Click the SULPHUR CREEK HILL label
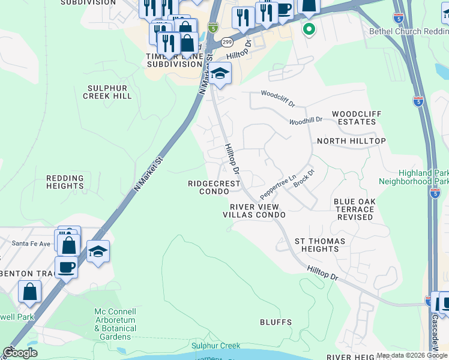(107, 91)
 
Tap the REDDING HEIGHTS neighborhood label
(68, 182)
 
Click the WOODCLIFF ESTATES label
(354, 118)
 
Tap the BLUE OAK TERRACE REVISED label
(354, 209)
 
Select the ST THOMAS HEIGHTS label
(320, 245)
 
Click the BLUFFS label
(276, 322)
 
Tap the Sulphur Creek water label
(215, 346)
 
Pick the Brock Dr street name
(304, 178)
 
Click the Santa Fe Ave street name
(32, 244)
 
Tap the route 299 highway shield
(226, 42)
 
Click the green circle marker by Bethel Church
(309, 28)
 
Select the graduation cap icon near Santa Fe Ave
(98, 251)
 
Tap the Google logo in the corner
(20, 353)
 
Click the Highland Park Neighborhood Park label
(414, 176)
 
